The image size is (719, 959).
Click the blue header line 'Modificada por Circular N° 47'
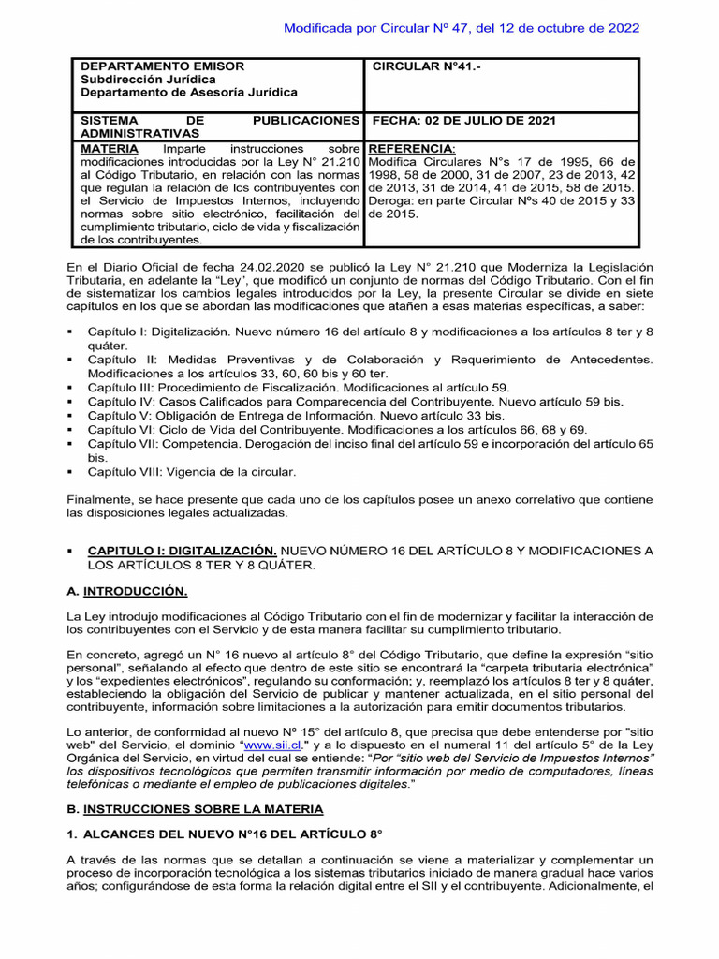pos(462,28)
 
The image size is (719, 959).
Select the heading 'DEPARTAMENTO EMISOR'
pos(162,66)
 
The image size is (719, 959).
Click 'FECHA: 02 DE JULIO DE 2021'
pos(464,121)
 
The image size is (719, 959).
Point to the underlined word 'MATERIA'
pos(110,149)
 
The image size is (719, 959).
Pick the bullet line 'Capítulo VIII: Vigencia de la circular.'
pos(192,471)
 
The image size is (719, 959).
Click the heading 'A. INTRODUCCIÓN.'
pos(127,592)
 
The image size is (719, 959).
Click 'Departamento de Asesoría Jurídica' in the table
pos(189,93)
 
